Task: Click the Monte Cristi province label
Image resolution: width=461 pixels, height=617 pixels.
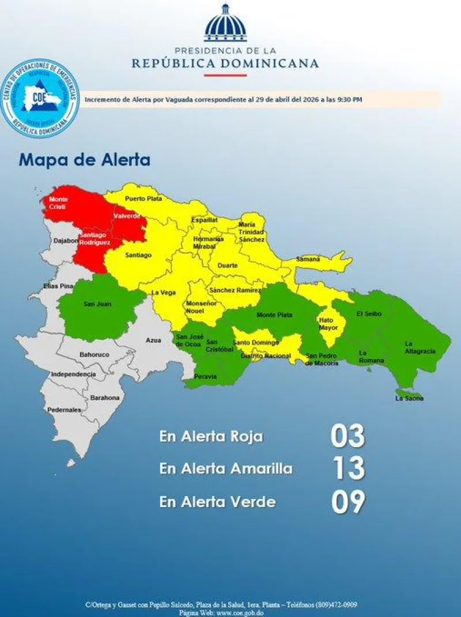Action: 58,203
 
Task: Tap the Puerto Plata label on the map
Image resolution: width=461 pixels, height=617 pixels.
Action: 140,198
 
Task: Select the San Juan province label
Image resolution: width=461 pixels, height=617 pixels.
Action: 97,304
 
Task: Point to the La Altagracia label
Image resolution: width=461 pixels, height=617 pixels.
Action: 420,347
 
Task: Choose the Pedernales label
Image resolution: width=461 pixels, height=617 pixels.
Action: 64,410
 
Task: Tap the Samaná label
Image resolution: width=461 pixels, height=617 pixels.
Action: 308,259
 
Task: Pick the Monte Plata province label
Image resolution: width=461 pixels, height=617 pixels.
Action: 274,315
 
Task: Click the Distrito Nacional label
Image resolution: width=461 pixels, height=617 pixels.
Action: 266,356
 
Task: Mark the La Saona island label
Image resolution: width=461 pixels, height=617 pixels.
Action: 409,398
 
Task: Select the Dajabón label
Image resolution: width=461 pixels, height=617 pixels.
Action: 65,241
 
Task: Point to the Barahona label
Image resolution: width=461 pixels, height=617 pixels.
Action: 104,398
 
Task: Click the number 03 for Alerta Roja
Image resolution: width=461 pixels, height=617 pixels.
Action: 347,436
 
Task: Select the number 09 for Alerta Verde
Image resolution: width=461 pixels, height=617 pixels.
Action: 347,502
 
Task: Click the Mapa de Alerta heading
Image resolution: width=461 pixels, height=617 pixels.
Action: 84,160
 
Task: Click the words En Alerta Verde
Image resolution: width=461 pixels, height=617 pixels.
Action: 217,502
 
